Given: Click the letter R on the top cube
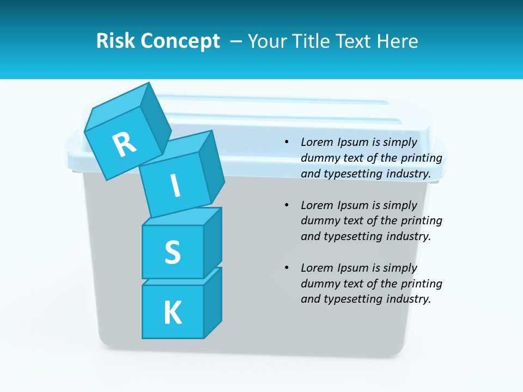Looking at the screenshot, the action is (124, 145).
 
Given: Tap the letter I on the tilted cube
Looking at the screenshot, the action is (175, 186).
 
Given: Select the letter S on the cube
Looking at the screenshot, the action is (172, 252).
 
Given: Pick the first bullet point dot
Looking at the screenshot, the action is (287, 142).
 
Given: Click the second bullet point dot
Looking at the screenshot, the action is (287, 205).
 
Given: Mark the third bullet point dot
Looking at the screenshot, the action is (287, 268).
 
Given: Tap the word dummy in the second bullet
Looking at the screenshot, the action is (319, 221).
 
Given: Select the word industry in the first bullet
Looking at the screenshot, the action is (410, 174).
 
